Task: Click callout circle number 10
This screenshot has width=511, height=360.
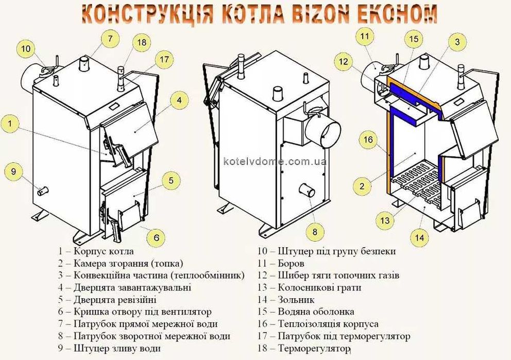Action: click(26, 49)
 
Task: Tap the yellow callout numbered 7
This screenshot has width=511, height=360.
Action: click(110, 38)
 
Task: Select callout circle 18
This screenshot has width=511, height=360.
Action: click(142, 42)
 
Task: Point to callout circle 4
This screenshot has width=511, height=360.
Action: click(179, 100)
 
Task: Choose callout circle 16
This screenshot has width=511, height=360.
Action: click(368, 140)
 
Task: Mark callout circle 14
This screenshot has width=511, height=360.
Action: click(420, 237)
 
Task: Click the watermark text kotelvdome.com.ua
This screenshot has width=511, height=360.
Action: click(275, 161)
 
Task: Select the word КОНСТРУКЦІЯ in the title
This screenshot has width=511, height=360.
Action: click(143, 14)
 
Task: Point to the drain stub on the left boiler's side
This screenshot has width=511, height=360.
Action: click(42, 191)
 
